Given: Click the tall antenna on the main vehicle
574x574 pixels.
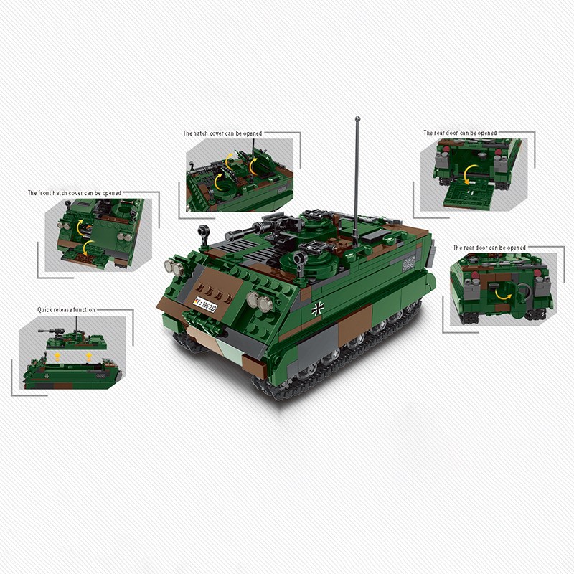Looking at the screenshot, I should tap(357, 172).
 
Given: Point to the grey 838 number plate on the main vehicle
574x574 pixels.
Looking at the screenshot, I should tap(409, 263).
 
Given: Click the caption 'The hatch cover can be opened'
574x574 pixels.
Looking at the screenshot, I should tap(222, 133).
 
